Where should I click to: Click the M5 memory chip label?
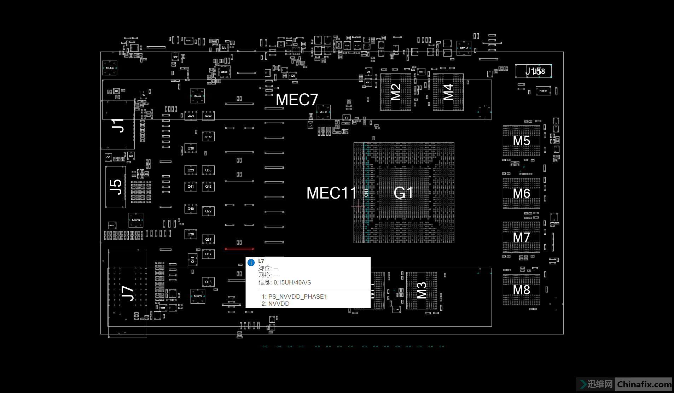tap(521, 141)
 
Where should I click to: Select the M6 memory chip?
tap(521, 193)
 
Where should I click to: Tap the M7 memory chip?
tap(521, 237)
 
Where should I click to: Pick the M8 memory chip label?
tap(521, 290)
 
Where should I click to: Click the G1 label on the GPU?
tap(403, 193)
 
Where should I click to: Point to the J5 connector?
tap(116, 187)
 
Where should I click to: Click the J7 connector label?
tap(128, 293)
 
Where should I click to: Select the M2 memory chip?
tap(396, 92)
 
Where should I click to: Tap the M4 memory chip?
tap(448, 92)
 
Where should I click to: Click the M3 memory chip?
tap(422, 291)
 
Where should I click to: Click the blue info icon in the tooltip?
tap(251, 263)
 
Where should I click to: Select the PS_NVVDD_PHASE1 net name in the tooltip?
tap(297, 297)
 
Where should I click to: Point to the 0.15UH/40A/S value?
tap(292, 282)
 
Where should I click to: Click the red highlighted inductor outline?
tap(239, 249)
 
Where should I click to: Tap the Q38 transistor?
tap(191, 148)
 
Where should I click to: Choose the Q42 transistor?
tap(208, 186)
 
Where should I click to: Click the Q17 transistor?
tap(208, 254)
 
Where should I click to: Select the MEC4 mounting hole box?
tap(110, 68)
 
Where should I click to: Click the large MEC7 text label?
tap(297, 100)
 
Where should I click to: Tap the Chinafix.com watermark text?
tap(644, 384)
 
